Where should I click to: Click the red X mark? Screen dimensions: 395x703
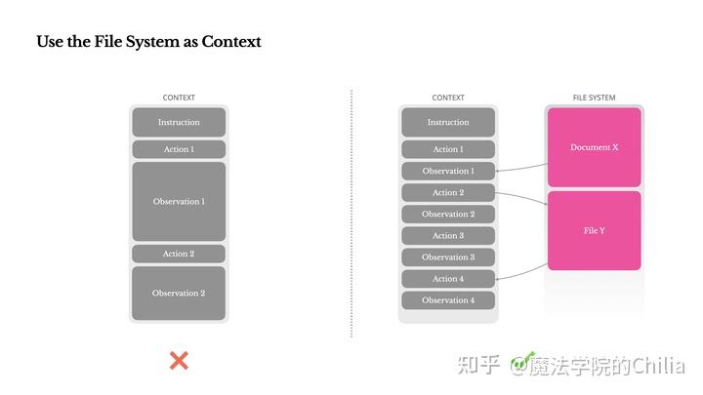[179, 361]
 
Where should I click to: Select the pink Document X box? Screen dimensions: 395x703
[594, 147]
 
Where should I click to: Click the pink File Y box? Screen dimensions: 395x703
[594, 231]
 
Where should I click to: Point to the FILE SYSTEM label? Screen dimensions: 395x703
[594, 98]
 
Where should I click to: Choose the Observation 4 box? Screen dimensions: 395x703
[448, 300]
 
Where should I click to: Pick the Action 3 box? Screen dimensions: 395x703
[448, 236]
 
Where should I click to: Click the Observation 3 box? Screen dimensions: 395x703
[448, 257]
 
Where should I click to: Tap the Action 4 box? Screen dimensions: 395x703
[448, 279]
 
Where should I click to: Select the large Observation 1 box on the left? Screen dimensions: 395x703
[179, 202]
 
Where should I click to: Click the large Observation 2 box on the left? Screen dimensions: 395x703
[179, 294]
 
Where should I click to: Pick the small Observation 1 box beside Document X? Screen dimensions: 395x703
[448, 172]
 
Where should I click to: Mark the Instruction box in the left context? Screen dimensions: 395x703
[179, 122]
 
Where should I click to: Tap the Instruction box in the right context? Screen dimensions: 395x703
[448, 122]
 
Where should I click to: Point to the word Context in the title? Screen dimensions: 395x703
[231, 42]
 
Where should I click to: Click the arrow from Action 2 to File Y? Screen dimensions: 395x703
[520, 198]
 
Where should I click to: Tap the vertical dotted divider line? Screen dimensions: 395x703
[351, 215]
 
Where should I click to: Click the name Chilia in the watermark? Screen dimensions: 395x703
[658, 366]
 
